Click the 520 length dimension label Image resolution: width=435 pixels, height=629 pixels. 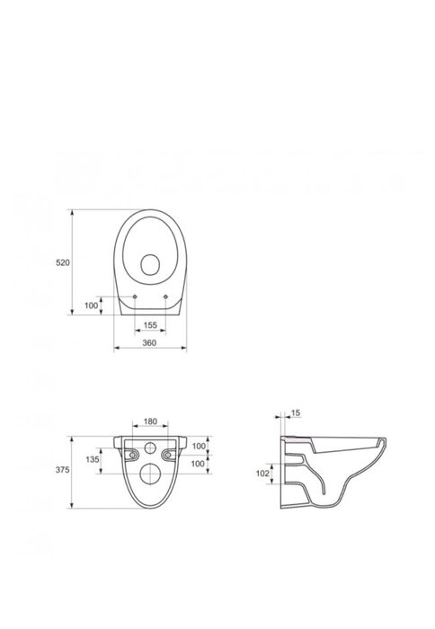[x=63, y=262]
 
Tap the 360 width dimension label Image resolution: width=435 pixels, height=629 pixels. [x=149, y=343]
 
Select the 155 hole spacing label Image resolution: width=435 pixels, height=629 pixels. [x=150, y=325]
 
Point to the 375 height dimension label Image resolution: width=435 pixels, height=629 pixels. [x=63, y=470]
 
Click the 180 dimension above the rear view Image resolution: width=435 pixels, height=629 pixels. [x=150, y=421]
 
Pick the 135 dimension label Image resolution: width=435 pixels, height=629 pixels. [x=93, y=459]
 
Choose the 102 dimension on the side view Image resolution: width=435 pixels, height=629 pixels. [x=262, y=474]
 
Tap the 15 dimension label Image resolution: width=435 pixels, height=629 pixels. [x=296, y=412]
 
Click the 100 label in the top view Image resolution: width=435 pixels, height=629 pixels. [x=91, y=306]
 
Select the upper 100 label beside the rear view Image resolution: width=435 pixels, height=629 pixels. [x=199, y=446]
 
